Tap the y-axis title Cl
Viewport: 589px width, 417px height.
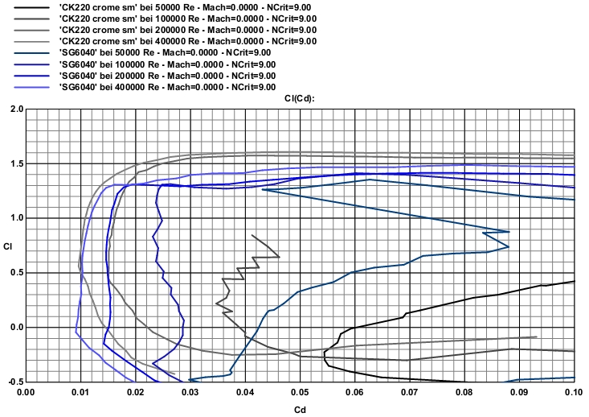click(x=7, y=246)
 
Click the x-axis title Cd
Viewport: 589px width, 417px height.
click(x=300, y=409)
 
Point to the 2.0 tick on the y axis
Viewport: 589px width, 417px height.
click(x=16, y=109)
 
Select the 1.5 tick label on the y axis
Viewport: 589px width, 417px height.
click(x=16, y=163)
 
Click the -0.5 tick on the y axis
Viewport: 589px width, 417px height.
click(x=14, y=382)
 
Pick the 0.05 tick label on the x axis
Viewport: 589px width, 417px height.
click(x=300, y=392)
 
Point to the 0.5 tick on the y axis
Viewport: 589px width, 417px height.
click(x=16, y=273)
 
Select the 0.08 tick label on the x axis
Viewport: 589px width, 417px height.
click(x=464, y=392)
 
